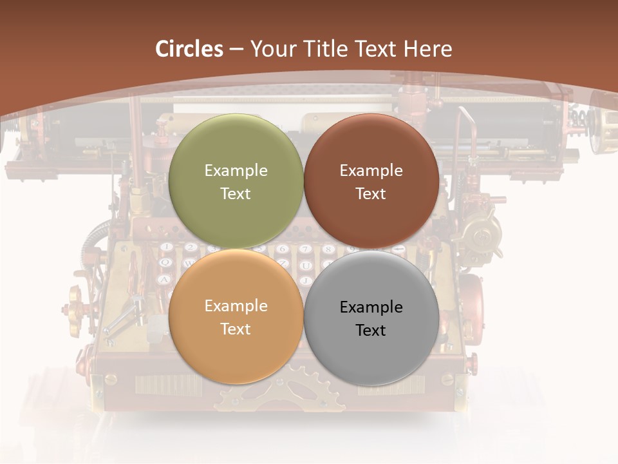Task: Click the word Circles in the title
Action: pos(189,49)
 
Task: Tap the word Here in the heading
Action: pos(427,49)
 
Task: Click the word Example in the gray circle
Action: pos(371,307)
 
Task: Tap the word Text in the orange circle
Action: pos(236,329)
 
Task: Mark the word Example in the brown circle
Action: pos(371,171)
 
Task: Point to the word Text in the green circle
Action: pos(236,194)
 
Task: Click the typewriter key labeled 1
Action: pos(167,247)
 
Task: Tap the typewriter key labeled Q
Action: pos(165,263)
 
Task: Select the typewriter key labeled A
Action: pos(164,280)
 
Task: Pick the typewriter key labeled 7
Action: pos(306,249)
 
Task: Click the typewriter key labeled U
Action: pos(306,266)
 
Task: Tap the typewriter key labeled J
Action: pos(306,280)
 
